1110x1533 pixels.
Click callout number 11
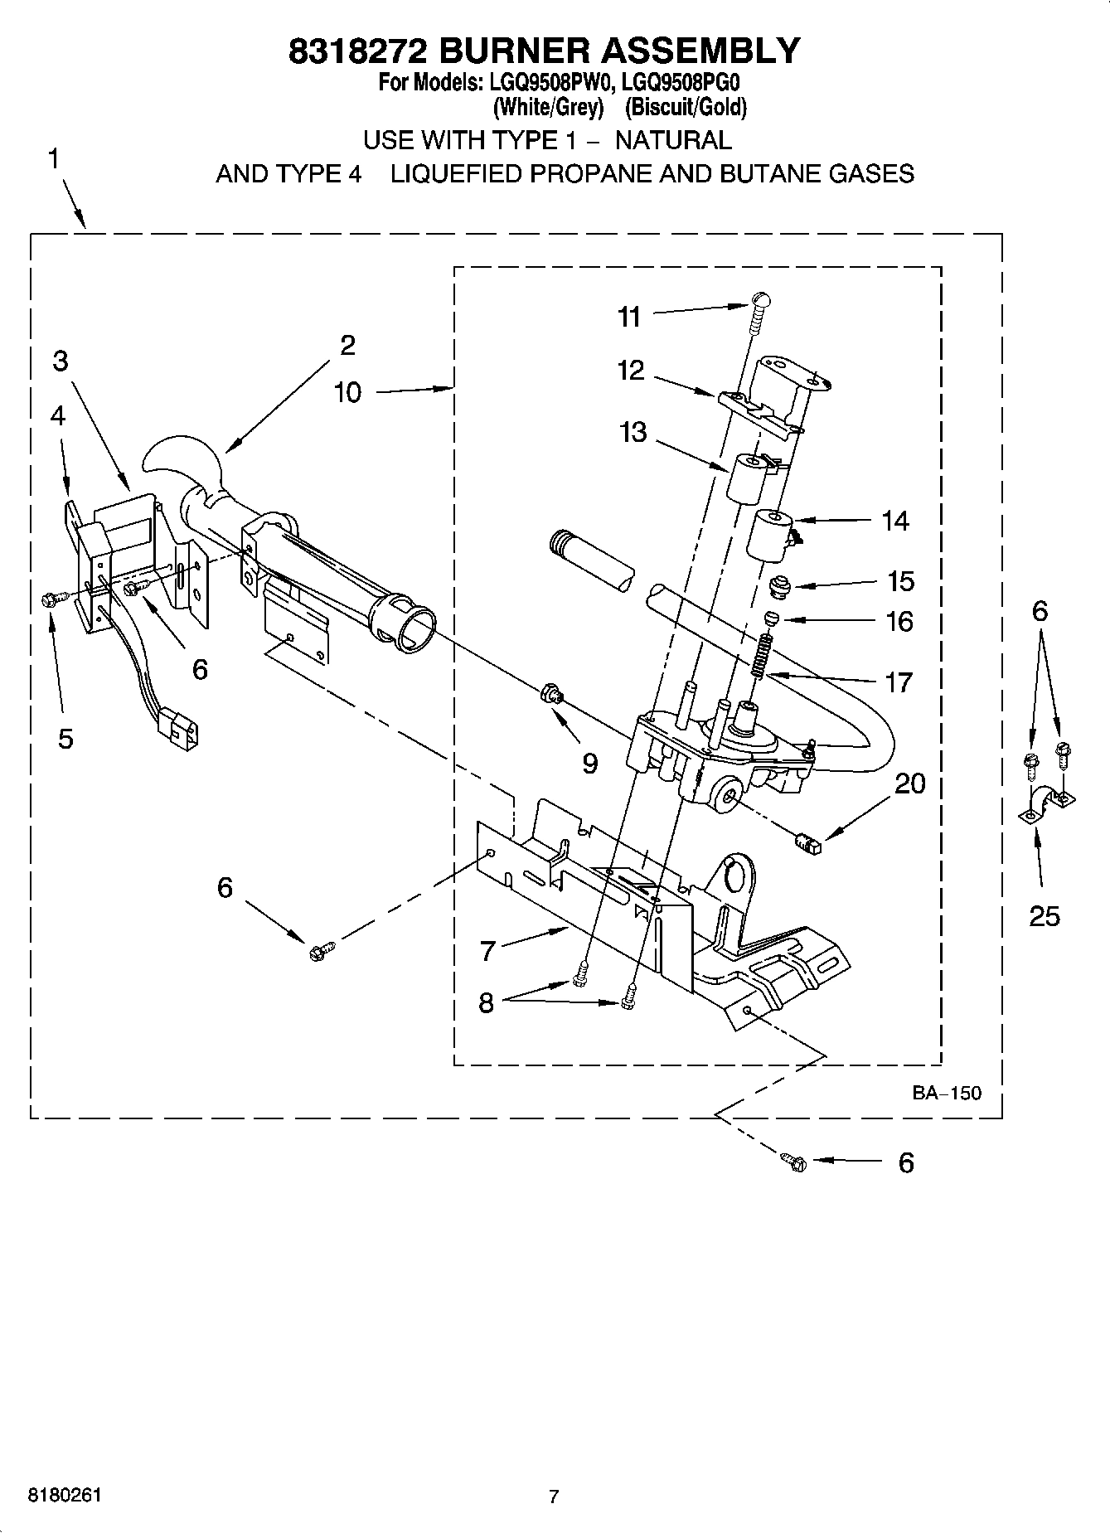pos(629,317)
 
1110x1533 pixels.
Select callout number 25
pos(1044,915)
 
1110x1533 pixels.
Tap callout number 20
pos(910,783)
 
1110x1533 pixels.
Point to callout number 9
pos(589,763)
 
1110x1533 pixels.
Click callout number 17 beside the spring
pos(899,682)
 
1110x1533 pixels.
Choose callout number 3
pos(60,361)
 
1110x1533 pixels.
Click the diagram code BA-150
pos(947,1093)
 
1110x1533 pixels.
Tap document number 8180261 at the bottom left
pos(65,1495)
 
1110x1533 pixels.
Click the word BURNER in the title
pos(513,51)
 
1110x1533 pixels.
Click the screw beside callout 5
pos(48,599)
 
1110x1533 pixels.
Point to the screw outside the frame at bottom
pos(793,1162)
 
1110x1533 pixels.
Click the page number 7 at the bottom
pos(554,1497)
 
